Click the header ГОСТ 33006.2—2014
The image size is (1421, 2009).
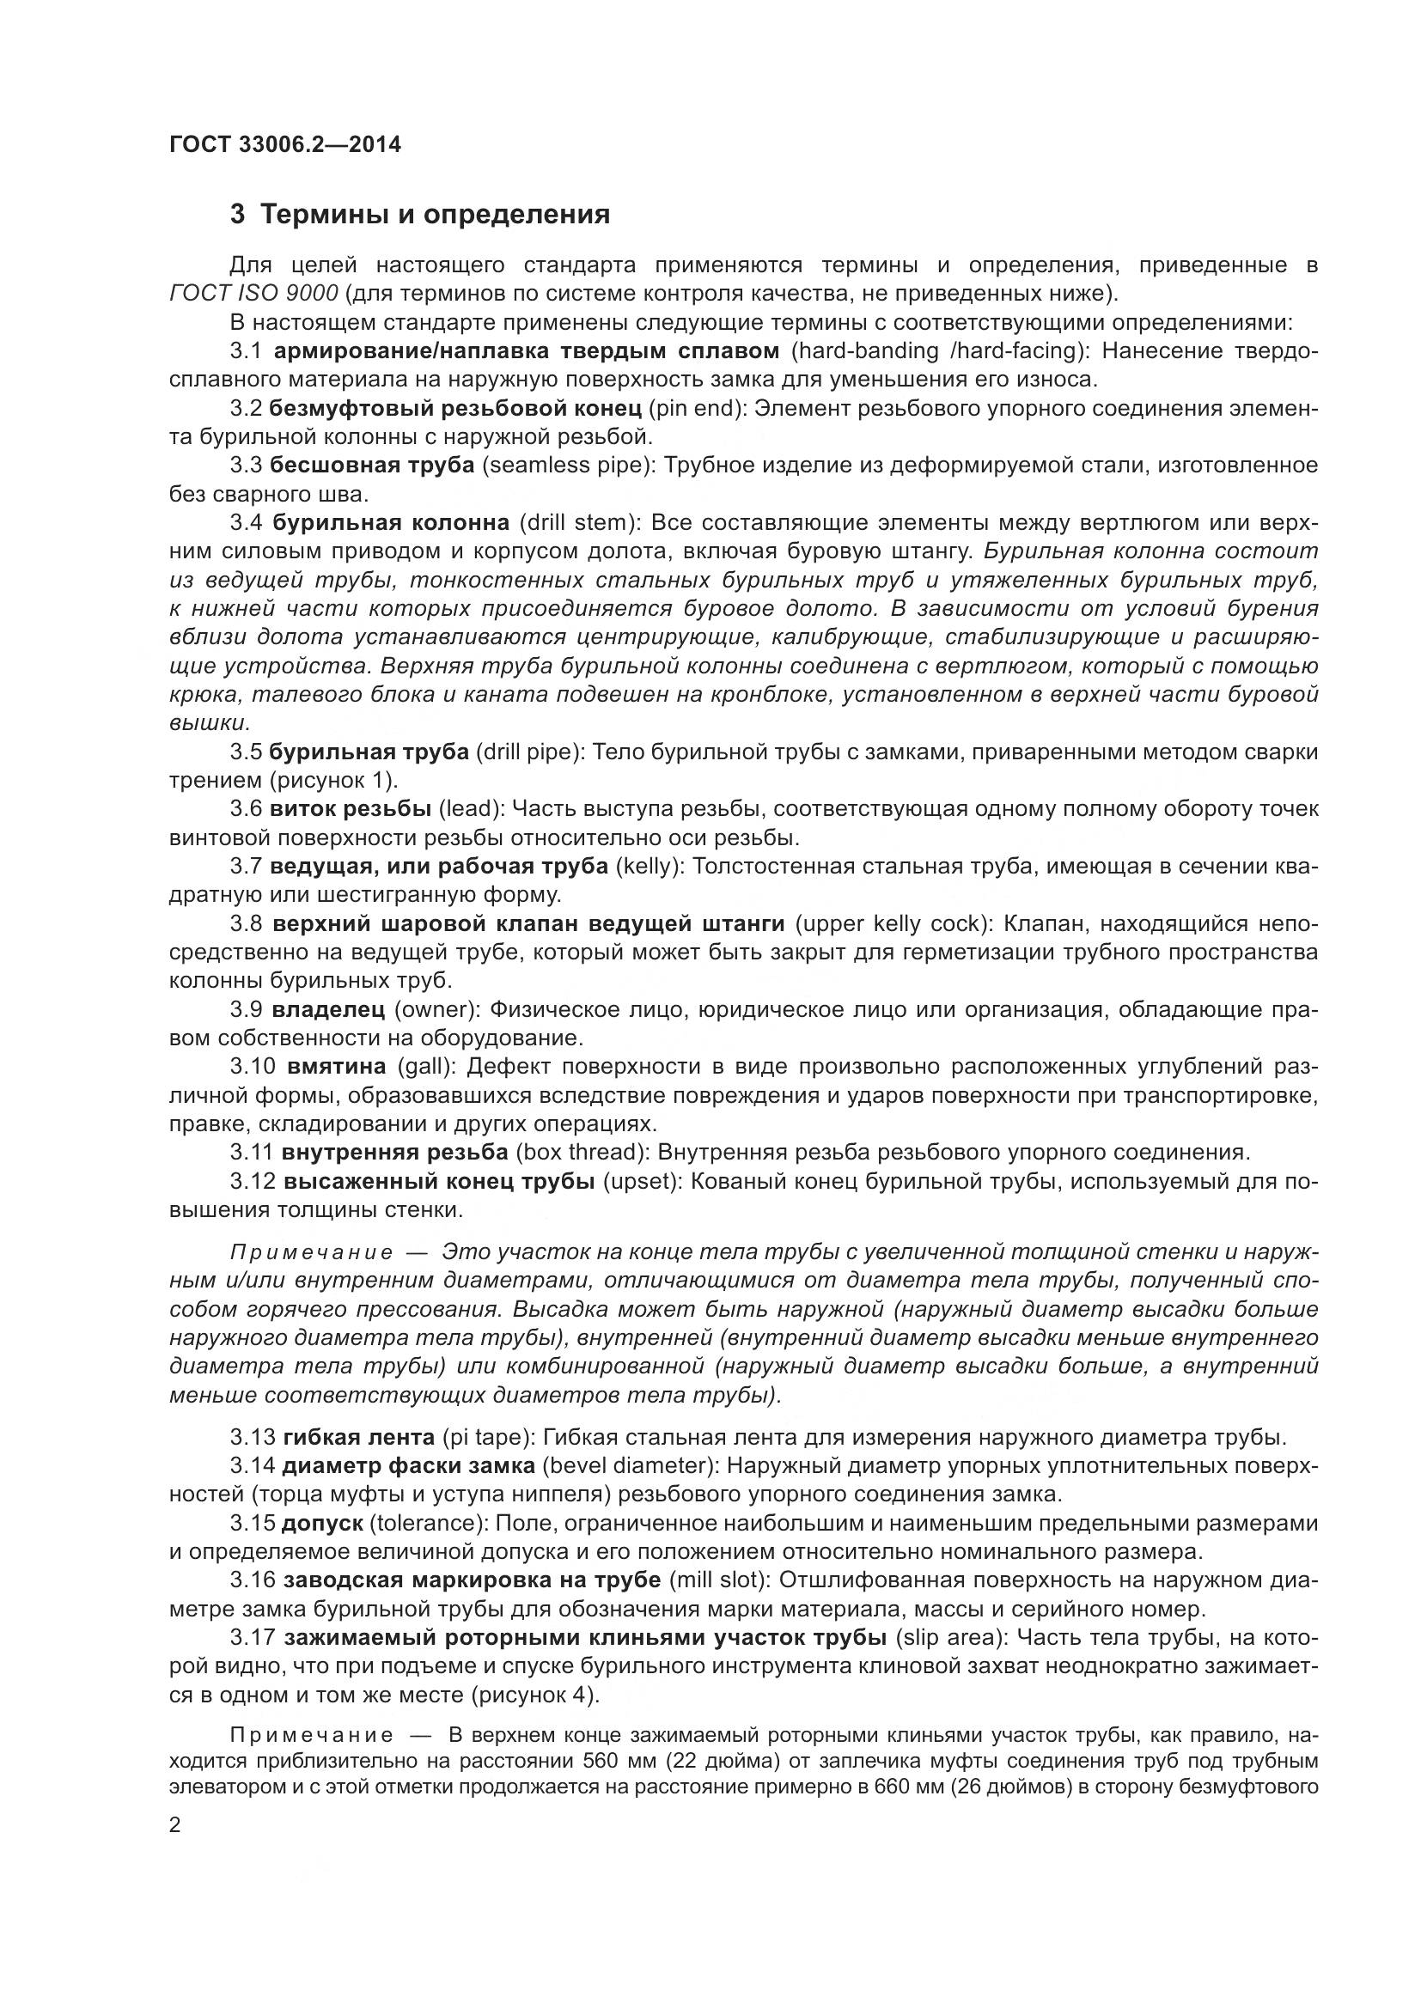click(285, 144)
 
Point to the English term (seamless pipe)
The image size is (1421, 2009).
click(568, 466)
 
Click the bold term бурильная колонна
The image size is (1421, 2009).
click(391, 523)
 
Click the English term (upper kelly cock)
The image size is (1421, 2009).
click(893, 924)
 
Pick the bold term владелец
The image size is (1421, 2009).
click(328, 1010)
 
